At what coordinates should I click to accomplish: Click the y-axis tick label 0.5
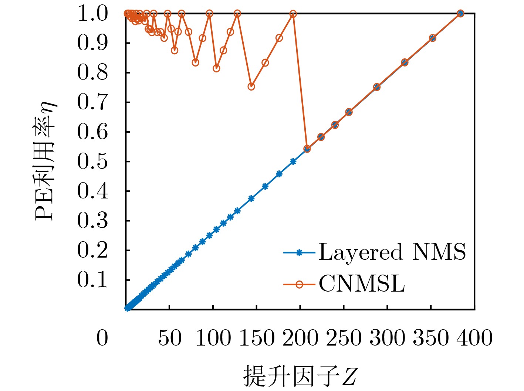point(92,161)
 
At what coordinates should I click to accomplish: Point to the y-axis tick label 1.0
point(92,14)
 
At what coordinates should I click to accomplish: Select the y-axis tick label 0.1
point(92,280)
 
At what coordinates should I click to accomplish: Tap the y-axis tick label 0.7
point(92,102)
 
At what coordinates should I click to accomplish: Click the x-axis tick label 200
point(300,338)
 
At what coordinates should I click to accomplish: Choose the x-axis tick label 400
point(474,338)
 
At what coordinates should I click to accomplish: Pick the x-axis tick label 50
point(170,338)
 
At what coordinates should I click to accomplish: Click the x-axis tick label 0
point(102,338)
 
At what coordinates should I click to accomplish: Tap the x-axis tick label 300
point(387,338)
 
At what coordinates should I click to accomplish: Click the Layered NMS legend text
point(392,252)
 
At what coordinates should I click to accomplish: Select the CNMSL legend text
point(362,284)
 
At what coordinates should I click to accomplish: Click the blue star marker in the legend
point(300,253)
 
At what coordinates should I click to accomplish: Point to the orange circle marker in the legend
point(300,284)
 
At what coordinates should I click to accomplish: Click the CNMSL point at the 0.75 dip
point(251,86)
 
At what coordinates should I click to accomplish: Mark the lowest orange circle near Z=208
point(307,149)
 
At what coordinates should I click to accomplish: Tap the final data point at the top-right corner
point(460,14)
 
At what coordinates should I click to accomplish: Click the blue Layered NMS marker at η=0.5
point(293,161)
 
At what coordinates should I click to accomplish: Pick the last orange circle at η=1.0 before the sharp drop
point(293,14)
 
